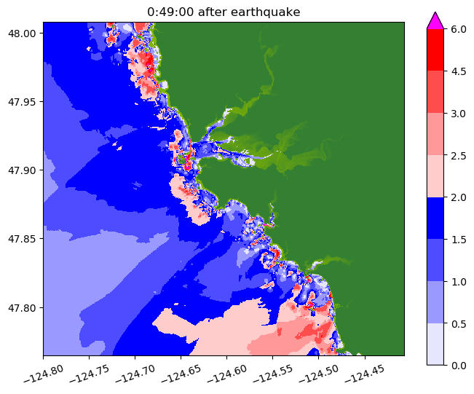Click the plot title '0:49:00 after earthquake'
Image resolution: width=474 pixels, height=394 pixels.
tap(224, 12)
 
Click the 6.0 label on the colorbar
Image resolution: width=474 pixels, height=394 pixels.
tap(457, 29)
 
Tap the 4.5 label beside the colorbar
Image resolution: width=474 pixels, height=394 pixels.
tap(457, 71)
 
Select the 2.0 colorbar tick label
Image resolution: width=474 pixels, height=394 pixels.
tap(457, 197)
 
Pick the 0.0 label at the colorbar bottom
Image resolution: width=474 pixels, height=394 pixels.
tap(457, 364)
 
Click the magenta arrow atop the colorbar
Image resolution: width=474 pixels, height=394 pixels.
tap(435, 20)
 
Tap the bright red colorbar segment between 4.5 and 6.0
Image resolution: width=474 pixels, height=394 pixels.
tap(435, 50)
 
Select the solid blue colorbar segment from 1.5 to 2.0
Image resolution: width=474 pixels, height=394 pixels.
tap(435, 218)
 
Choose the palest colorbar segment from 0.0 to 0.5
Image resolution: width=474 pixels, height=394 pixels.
tap(435, 343)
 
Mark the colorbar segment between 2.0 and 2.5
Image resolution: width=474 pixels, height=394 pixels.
tap(435, 176)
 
